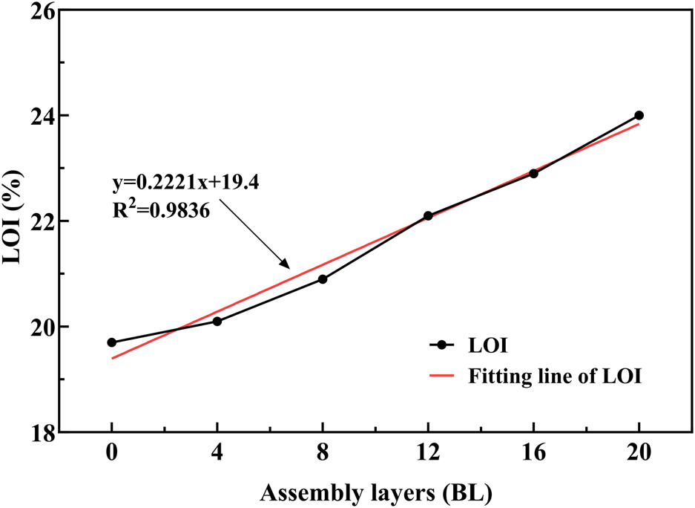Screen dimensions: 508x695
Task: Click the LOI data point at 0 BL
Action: [112, 342]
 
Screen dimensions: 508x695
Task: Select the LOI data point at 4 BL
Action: [217, 321]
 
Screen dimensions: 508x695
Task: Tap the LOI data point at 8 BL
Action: [323, 279]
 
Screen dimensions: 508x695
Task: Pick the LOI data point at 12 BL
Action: [428, 215]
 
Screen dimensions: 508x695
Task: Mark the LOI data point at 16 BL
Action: [533, 173]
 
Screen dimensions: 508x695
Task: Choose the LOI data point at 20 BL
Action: [639, 115]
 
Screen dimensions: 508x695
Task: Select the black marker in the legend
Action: [443, 345]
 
